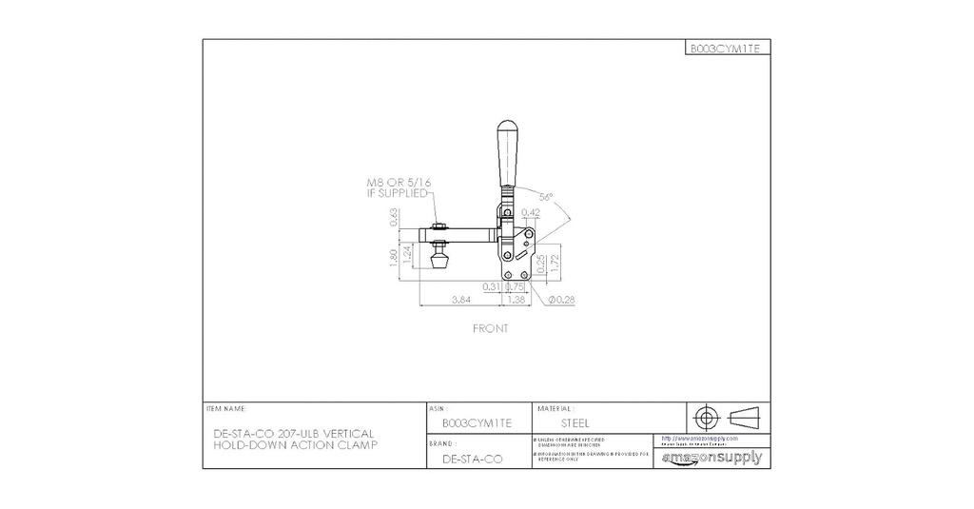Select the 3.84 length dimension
(459, 299)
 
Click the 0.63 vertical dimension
(395, 218)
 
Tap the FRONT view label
(491, 328)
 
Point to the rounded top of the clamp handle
(507, 128)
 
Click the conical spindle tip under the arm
(439, 261)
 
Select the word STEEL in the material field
(575, 422)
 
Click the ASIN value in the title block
(477, 422)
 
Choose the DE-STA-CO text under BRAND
(473, 459)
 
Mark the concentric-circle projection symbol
(705, 417)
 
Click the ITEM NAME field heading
(225, 407)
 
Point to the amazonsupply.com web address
(699, 439)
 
